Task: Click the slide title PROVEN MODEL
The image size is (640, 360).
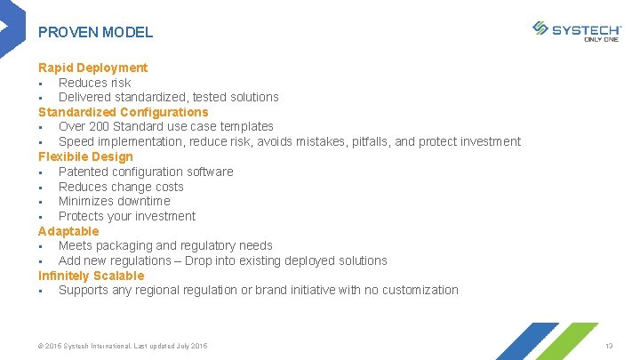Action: pyautogui.click(x=95, y=32)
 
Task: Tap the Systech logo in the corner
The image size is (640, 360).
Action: pyautogui.click(x=577, y=29)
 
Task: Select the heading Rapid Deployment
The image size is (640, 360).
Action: pyautogui.click(x=92, y=68)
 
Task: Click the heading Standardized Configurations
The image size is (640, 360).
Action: pyautogui.click(x=123, y=112)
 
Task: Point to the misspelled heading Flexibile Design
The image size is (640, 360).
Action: pyautogui.click(x=85, y=156)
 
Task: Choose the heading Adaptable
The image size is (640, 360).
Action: pyautogui.click(x=68, y=231)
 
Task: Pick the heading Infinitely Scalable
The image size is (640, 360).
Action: pyautogui.click(x=91, y=276)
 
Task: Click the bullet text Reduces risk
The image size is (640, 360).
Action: pyautogui.click(x=94, y=83)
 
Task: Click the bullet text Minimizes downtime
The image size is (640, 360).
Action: pyautogui.click(x=114, y=201)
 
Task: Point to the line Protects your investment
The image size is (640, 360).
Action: pyautogui.click(x=126, y=216)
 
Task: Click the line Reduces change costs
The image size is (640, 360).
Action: pyautogui.click(x=121, y=187)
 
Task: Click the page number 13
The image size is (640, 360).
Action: pyautogui.click(x=609, y=345)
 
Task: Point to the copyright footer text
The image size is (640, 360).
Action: pyautogui.click(x=123, y=345)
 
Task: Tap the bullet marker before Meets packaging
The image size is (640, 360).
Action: pyautogui.click(x=42, y=246)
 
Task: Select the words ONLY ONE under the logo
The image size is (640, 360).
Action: pyautogui.click(x=601, y=39)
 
